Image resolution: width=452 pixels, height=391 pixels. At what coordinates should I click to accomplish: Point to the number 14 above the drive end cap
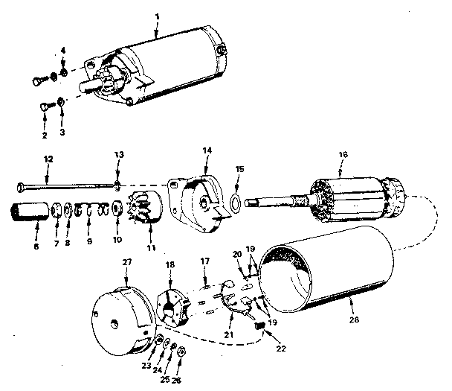click(207, 150)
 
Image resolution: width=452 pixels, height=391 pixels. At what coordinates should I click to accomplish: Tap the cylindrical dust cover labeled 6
click(30, 216)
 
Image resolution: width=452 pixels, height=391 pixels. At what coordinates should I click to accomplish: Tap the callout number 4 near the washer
click(63, 50)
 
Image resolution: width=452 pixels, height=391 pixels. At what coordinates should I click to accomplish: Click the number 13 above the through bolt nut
click(117, 154)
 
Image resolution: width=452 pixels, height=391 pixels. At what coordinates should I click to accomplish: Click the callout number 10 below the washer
click(117, 240)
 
